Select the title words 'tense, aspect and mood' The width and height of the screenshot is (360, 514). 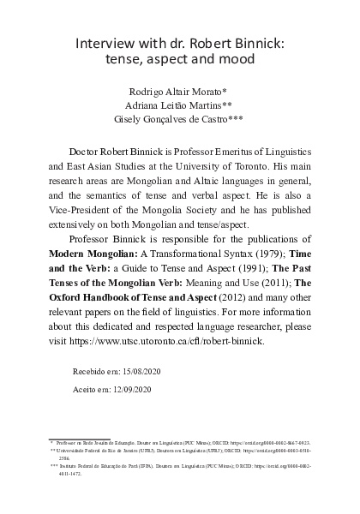point(180,61)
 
